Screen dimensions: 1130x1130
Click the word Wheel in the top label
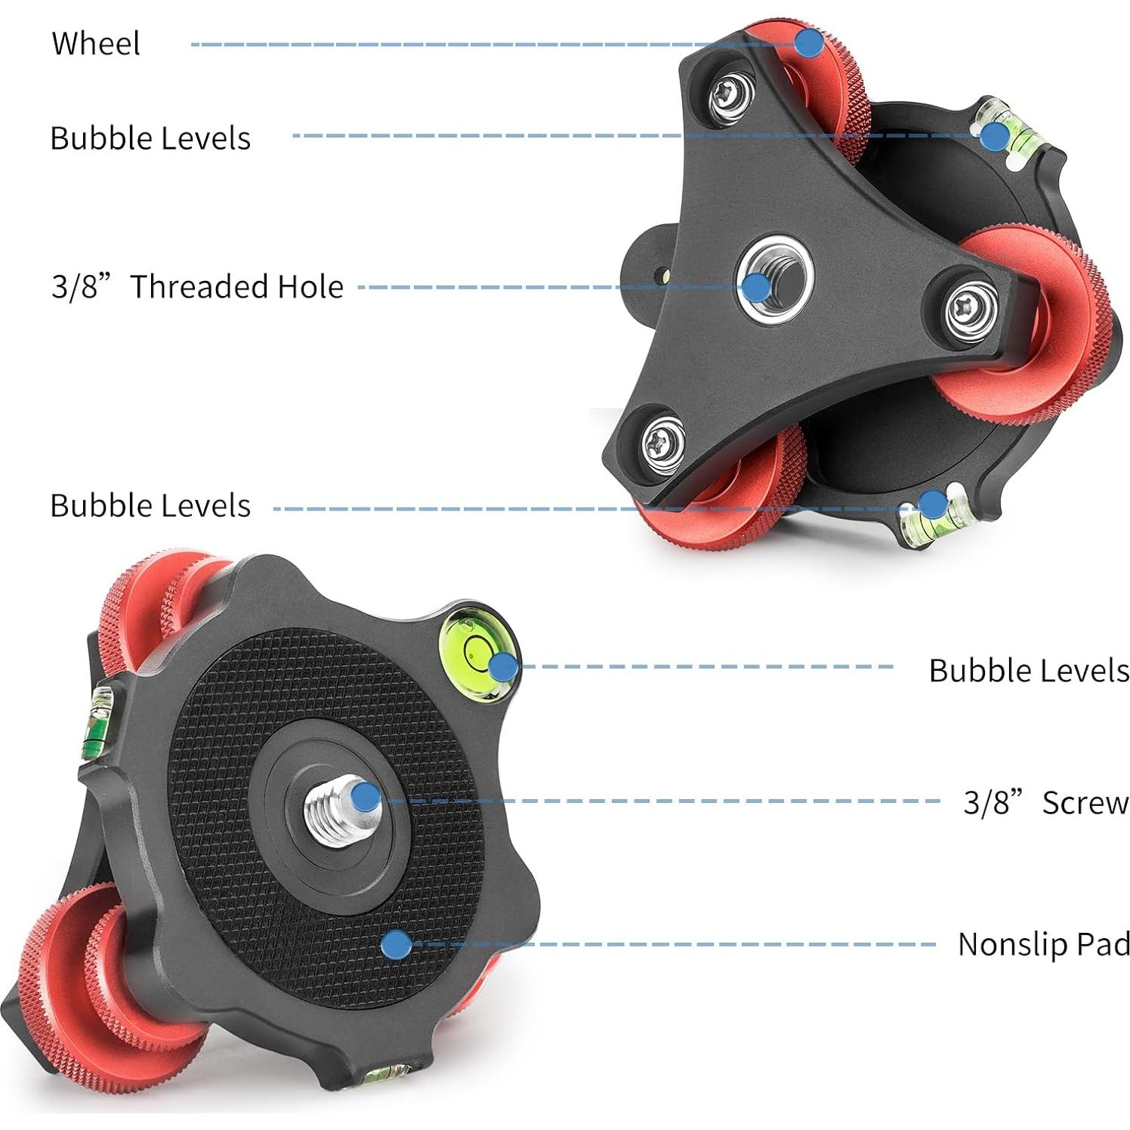click(95, 43)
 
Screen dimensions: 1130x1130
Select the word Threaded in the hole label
click(198, 287)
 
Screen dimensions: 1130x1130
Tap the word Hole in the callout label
click(310, 287)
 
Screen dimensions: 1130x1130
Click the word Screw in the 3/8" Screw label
click(1085, 803)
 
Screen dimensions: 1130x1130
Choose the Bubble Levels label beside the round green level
click(1028, 670)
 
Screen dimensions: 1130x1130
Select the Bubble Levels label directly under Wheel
click(150, 138)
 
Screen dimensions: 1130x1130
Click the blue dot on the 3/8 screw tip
click(366, 797)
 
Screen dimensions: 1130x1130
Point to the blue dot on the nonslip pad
click(396, 944)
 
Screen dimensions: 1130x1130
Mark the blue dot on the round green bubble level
click(503, 667)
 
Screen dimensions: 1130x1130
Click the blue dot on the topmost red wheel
click(809, 42)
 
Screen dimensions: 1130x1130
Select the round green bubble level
click(474, 648)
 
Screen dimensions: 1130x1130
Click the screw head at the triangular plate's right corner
click(972, 308)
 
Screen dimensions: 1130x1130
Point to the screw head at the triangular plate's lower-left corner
click(664, 444)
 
